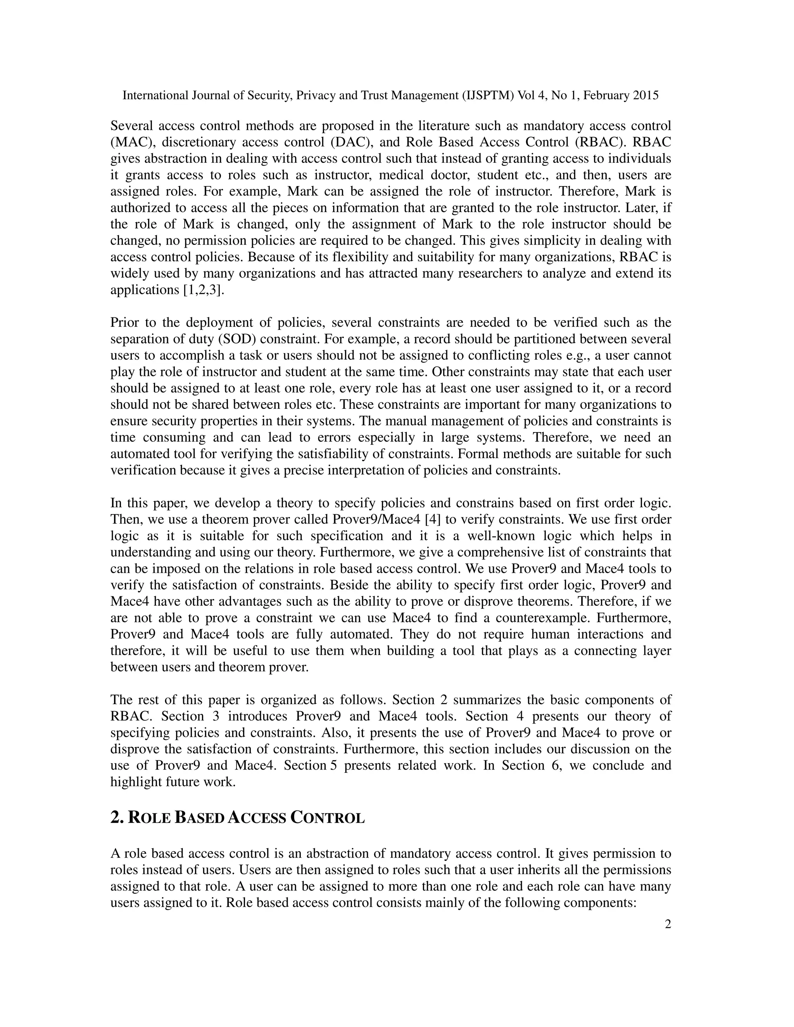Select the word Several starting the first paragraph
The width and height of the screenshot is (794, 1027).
pyautogui.click(x=131, y=126)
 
